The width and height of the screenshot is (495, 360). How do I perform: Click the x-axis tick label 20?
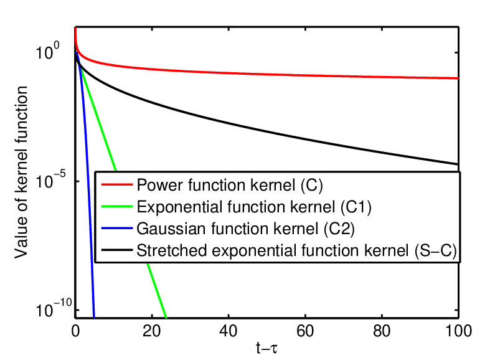point(152,331)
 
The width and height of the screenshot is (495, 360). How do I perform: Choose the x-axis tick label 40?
point(229,331)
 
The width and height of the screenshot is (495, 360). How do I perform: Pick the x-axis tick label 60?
point(305,331)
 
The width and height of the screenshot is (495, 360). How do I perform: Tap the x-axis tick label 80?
point(382,331)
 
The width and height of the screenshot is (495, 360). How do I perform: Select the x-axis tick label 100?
point(458,331)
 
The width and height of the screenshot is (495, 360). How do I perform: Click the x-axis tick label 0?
point(75,331)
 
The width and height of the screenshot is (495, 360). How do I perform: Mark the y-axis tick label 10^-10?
point(54,308)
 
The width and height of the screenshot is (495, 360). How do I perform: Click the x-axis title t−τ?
point(266,348)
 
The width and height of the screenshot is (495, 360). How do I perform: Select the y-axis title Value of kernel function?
point(21,172)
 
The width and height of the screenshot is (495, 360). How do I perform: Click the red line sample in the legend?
point(117,184)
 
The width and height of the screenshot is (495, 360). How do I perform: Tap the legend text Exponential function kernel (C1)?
point(254,207)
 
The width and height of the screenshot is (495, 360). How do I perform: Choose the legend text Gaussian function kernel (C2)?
point(245,229)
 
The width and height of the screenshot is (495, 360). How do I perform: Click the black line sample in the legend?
point(117,250)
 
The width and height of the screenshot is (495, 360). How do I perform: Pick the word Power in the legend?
point(160,185)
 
